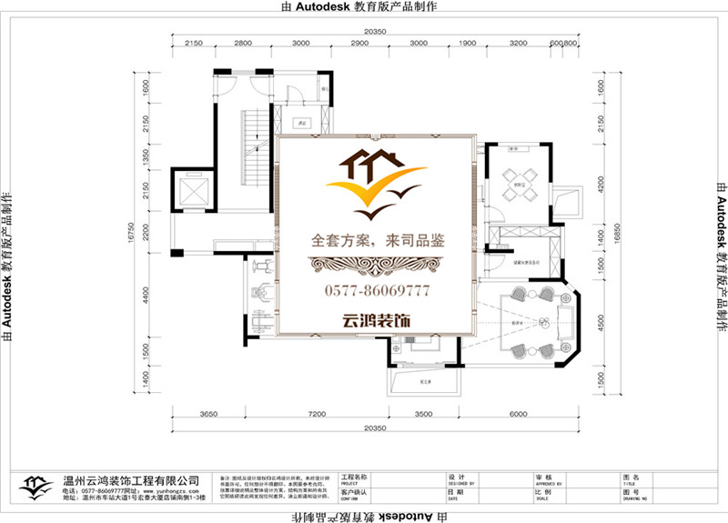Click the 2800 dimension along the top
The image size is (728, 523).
pyautogui.click(x=243, y=44)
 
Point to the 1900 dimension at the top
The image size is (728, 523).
pyautogui.click(x=466, y=44)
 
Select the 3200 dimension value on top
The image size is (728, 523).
pyautogui.click(x=519, y=44)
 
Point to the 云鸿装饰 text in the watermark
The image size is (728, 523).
pyautogui.click(x=376, y=321)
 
